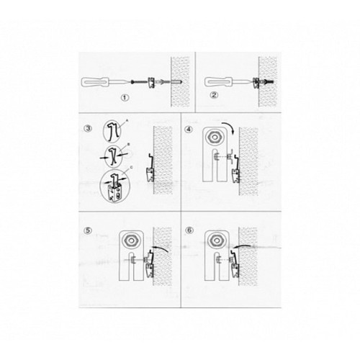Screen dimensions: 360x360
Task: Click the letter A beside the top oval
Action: click(125, 123)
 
